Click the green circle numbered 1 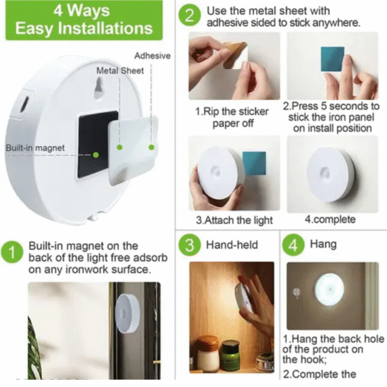tap(12, 252)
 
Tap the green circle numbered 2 tap(189, 15)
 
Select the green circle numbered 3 tap(189, 245)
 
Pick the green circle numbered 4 tap(293, 245)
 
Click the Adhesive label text tap(152, 55)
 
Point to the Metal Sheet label tap(120, 70)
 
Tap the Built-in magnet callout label tap(35, 148)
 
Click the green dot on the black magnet tap(95, 155)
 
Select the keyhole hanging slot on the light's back tap(99, 88)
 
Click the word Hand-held tap(232, 245)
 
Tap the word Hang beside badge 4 tap(323, 244)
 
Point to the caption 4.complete tap(330, 219)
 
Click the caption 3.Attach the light tap(235, 220)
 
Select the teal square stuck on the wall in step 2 tap(332, 59)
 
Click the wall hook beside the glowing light tap(296, 293)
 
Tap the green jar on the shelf tap(230, 355)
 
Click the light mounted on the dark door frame tap(127, 313)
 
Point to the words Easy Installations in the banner tap(84, 28)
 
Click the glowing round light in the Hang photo tap(329, 289)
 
